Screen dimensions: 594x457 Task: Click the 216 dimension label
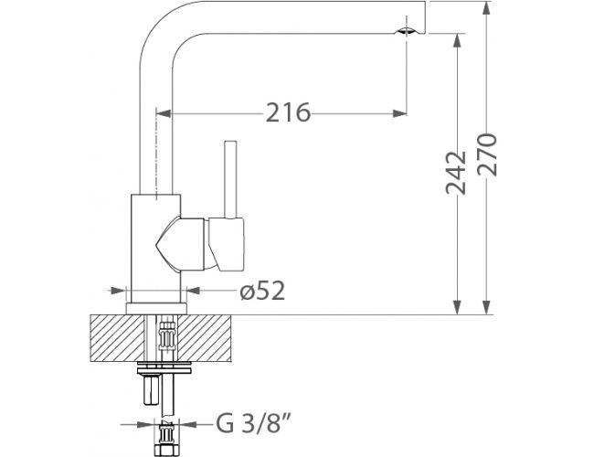[x=288, y=112]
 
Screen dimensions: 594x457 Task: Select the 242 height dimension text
[x=456, y=173]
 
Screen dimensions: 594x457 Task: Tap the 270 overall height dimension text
[x=487, y=154]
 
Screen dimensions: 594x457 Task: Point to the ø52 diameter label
[x=262, y=291]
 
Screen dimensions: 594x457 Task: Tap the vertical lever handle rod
[x=230, y=180]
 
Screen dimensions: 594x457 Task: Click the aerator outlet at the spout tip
[x=406, y=32]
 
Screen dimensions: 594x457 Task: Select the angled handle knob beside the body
[x=226, y=244]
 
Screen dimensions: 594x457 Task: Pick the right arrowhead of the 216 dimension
[x=399, y=113]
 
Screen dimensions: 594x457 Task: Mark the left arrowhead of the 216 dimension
[x=164, y=113]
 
